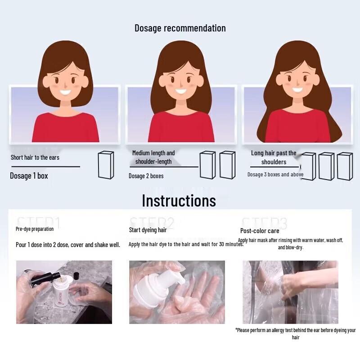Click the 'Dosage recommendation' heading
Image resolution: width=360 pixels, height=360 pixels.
(x=180, y=28)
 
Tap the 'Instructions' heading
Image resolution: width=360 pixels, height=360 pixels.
(x=179, y=201)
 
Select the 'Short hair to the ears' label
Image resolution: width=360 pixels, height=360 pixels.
(x=35, y=157)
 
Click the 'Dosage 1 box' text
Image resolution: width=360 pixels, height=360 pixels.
(x=29, y=176)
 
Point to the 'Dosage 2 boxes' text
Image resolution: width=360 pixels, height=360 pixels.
(x=146, y=176)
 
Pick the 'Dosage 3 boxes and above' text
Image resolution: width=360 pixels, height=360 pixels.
(x=275, y=175)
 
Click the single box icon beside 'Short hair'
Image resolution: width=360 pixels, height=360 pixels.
(x=106, y=165)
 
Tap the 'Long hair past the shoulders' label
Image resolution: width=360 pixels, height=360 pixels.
(x=274, y=157)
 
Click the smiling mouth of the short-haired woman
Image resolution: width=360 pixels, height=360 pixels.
(x=66, y=93)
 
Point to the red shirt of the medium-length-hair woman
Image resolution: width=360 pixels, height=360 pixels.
(x=181, y=127)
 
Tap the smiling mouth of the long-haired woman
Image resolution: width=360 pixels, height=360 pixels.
(x=297, y=89)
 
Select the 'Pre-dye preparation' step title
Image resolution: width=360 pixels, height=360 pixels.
(x=35, y=229)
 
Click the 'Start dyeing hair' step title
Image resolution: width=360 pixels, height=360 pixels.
(x=148, y=230)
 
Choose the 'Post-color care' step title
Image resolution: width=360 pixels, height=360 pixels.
(x=260, y=231)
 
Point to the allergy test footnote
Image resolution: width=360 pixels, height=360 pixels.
(x=296, y=333)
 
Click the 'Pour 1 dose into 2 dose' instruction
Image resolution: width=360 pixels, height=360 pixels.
(x=67, y=245)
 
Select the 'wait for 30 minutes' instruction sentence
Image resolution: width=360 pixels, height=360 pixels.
(x=186, y=244)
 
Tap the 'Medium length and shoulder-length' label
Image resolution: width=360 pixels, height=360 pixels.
(x=153, y=157)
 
